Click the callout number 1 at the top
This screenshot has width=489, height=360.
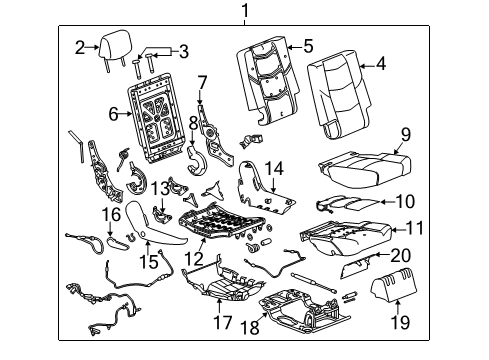[x=241, y=11]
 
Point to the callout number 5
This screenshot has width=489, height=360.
[x=308, y=44]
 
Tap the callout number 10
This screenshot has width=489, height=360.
[x=404, y=201]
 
